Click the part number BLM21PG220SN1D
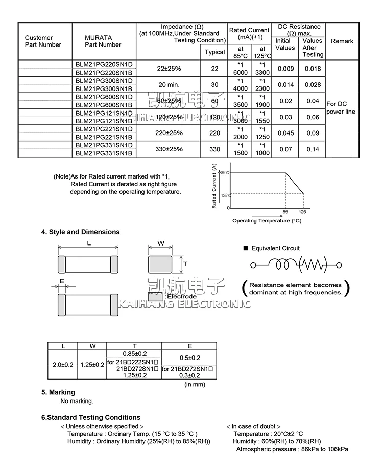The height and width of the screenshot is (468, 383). click(x=104, y=64)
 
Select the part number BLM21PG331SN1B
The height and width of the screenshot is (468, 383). click(x=104, y=153)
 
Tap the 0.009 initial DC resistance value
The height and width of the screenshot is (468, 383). click(x=285, y=69)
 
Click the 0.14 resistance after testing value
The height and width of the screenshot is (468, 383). click(x=313, y=149)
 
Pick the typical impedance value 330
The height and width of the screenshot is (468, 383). click(x=214, y=149)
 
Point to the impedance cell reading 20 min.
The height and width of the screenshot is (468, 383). click(x=169, y=84)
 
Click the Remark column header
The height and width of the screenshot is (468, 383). click(x=342, y=41)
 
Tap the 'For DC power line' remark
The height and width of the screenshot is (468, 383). click(x=340, y=108)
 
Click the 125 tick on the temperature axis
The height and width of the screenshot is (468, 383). click(x=302, y=212)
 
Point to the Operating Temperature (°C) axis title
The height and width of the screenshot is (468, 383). click(x=267, y=221)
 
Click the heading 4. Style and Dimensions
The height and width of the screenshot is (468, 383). click(x=80, y=232)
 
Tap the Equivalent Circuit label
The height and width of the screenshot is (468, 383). click(x=275, y=248)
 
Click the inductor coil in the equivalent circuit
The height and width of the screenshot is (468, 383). click(x=281, y=264)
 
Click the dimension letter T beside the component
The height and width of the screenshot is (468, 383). click(x=185, y=264)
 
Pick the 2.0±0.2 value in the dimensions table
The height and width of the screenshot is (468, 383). click(x=63, y=365)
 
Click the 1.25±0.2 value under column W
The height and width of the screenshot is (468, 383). click(x=92, y=365)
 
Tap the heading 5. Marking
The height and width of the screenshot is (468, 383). click(x=58, y=392)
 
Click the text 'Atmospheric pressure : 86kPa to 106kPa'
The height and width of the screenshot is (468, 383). click(x=292, y=449)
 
